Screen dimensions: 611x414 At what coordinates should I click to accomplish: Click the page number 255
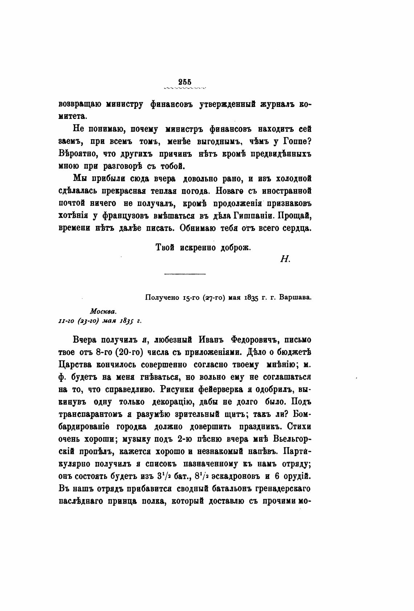(185, 82)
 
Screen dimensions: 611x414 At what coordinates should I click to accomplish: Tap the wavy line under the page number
(185, 88)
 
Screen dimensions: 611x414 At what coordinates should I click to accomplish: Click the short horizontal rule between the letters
(185, 273)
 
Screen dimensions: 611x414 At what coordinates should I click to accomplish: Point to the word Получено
(160, 298)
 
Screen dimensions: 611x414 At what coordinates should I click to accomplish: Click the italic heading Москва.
(103, 311)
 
